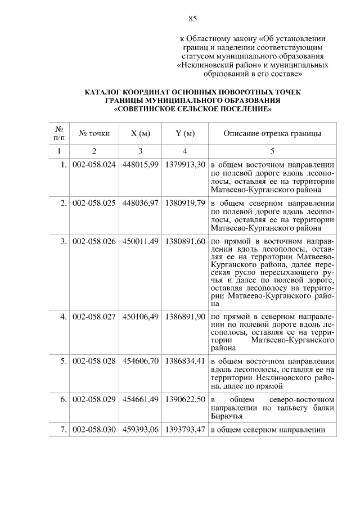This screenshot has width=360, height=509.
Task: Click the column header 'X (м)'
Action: (140, 133)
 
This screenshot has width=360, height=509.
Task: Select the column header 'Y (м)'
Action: (184, 133)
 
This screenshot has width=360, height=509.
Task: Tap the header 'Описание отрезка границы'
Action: (272, 133)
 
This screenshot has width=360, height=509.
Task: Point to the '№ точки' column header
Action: (94, 133)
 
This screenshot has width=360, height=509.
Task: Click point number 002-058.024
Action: (94, 165)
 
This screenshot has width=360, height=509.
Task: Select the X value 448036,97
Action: (140, 202)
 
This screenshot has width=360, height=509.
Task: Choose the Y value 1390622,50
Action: (184, 399)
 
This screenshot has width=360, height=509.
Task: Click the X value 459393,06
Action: (140, 430)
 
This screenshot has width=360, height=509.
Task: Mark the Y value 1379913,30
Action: (184, 165)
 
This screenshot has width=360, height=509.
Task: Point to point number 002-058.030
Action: (94, 430)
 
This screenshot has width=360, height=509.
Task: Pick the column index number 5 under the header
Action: (272, 151)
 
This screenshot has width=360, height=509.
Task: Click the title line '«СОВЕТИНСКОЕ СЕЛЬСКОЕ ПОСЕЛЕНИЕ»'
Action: (192, 109)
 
